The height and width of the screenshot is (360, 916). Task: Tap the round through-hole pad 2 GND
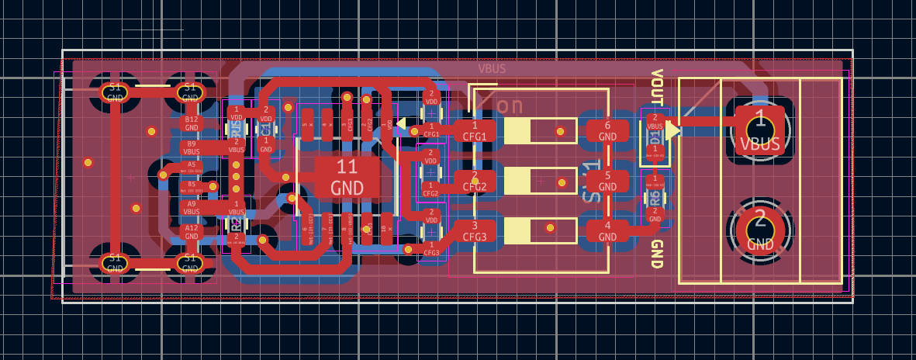pos(760,229)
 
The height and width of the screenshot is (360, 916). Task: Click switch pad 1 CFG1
pos(475,130)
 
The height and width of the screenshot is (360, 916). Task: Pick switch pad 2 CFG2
pos(475,181)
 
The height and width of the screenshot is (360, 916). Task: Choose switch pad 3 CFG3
pos(475,231)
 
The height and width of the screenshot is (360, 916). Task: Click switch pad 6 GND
pos(607,130)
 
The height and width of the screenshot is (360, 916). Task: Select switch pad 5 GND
pos(607,181)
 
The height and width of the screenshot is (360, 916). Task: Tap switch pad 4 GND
pos(607,231)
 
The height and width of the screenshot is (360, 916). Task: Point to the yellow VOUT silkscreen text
pos(657,87)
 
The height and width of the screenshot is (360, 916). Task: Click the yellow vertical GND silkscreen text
pos(657,254)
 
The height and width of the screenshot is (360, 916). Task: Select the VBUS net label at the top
pos(492,68)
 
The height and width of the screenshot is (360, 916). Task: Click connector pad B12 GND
pos(191,123)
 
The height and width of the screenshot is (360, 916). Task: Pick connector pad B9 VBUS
pos(191,147)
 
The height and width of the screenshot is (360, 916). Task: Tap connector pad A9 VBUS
pos(191,207)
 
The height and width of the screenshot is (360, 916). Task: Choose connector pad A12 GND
pos(191,231)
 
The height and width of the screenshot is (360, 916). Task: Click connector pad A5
pos(191,167)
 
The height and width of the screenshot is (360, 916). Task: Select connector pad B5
pos(191,187)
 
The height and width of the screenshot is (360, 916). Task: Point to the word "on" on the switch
pos(510,105)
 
